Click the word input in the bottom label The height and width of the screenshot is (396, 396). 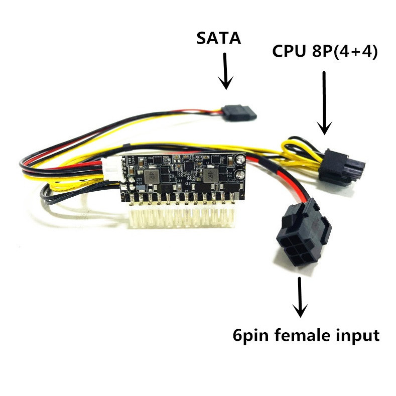click(x=357, y=336)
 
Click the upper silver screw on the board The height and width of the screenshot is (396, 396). click(x=240, y=160)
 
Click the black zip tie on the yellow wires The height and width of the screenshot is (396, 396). click(x=128, y=148)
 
